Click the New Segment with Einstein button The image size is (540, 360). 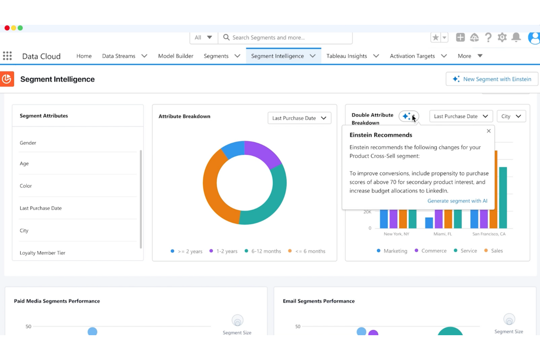(492, 79)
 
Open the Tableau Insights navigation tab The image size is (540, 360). (347, 56)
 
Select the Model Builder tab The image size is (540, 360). (175, 56)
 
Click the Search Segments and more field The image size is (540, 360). (285, 38)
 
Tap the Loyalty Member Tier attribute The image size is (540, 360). (42, 253)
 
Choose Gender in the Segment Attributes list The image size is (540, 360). (28, 143)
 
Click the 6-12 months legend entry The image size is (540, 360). (266, 251)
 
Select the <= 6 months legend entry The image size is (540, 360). (310, 251)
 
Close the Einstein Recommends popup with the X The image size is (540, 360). (489, 131)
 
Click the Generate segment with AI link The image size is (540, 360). (457, 201)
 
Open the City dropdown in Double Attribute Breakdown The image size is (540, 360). (511, 116)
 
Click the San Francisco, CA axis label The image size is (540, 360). (489, 234)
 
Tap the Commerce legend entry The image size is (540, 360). (433, 251)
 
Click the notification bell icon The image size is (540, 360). (516, 37)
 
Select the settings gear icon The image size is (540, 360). (502, 37)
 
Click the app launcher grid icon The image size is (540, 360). (7, 56)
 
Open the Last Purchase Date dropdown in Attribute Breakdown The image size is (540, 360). (299, 118)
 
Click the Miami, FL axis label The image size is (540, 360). (443, 234)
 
